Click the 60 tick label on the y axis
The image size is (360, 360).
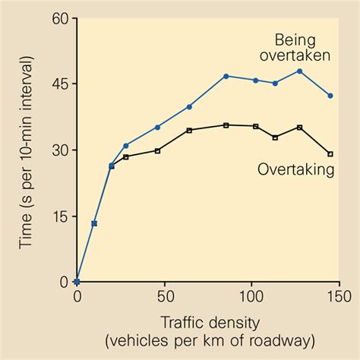(x=61, y=18)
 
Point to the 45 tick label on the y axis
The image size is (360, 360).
(x=61, y=84)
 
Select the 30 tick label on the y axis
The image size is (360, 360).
(x=61, y=150)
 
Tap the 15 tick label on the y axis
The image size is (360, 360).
(x=61, y=216)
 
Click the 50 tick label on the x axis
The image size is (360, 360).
(x=164, y=295)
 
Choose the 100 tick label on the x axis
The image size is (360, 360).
(x=251, y=295)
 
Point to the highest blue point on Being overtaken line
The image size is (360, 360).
(x=300, y=71)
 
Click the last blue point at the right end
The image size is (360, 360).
(x=330, y=96)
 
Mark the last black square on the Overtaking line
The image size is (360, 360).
(x=330, y=154)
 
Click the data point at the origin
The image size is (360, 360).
(x=77, y=282)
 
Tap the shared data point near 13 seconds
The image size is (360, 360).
(x=94, y=223)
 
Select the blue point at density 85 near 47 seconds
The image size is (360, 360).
(x=226, y=76)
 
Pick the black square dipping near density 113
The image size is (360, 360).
(x=275, y=137)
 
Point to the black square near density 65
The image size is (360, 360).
(x=189, y=130)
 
